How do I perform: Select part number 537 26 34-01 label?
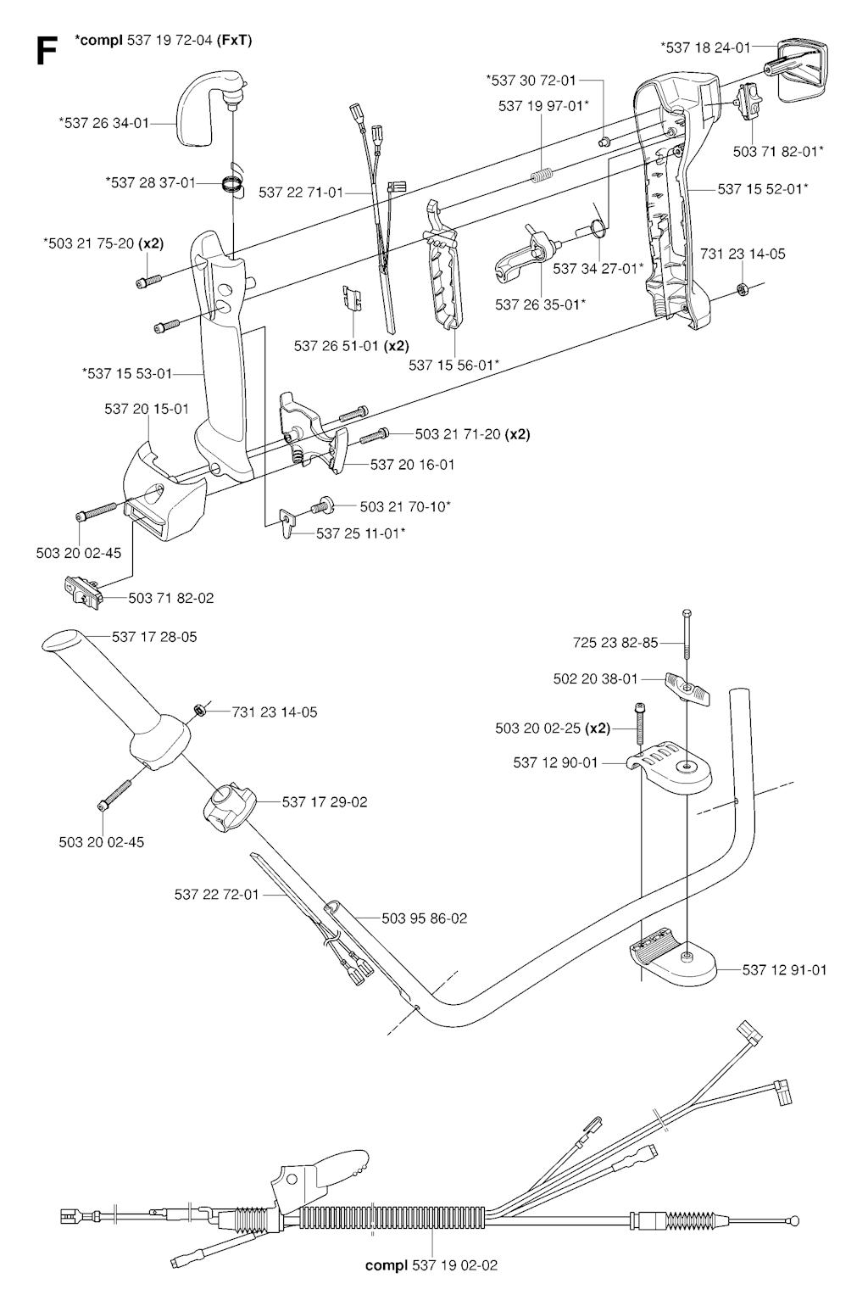(x=103, y=123)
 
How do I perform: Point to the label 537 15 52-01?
(x=763, y=189)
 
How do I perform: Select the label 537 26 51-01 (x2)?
(x=351, y=346)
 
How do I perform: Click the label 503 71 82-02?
(x=171, y=598)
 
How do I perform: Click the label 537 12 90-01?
(x=555, y=762)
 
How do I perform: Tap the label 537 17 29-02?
(x=325, y=801)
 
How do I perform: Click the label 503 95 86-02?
(x=424, y=918)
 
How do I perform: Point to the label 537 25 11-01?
(x=360, y=533)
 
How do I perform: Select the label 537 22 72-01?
(x=216, y=894)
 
